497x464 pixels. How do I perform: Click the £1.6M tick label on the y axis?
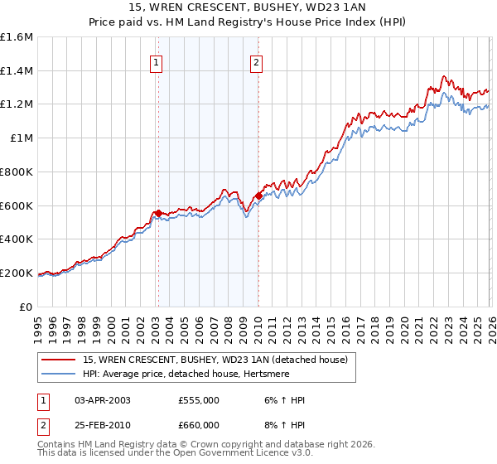coord(16,37)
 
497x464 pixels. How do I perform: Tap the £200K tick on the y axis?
coord(16,273)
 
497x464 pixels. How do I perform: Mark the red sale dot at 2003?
coord(158,213)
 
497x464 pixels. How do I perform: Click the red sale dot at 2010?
coord(258,196)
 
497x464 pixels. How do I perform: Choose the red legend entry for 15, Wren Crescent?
coord(220,359)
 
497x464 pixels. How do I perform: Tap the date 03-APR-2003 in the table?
coord(103,400)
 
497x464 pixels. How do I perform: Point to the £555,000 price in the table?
coord(199,400)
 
